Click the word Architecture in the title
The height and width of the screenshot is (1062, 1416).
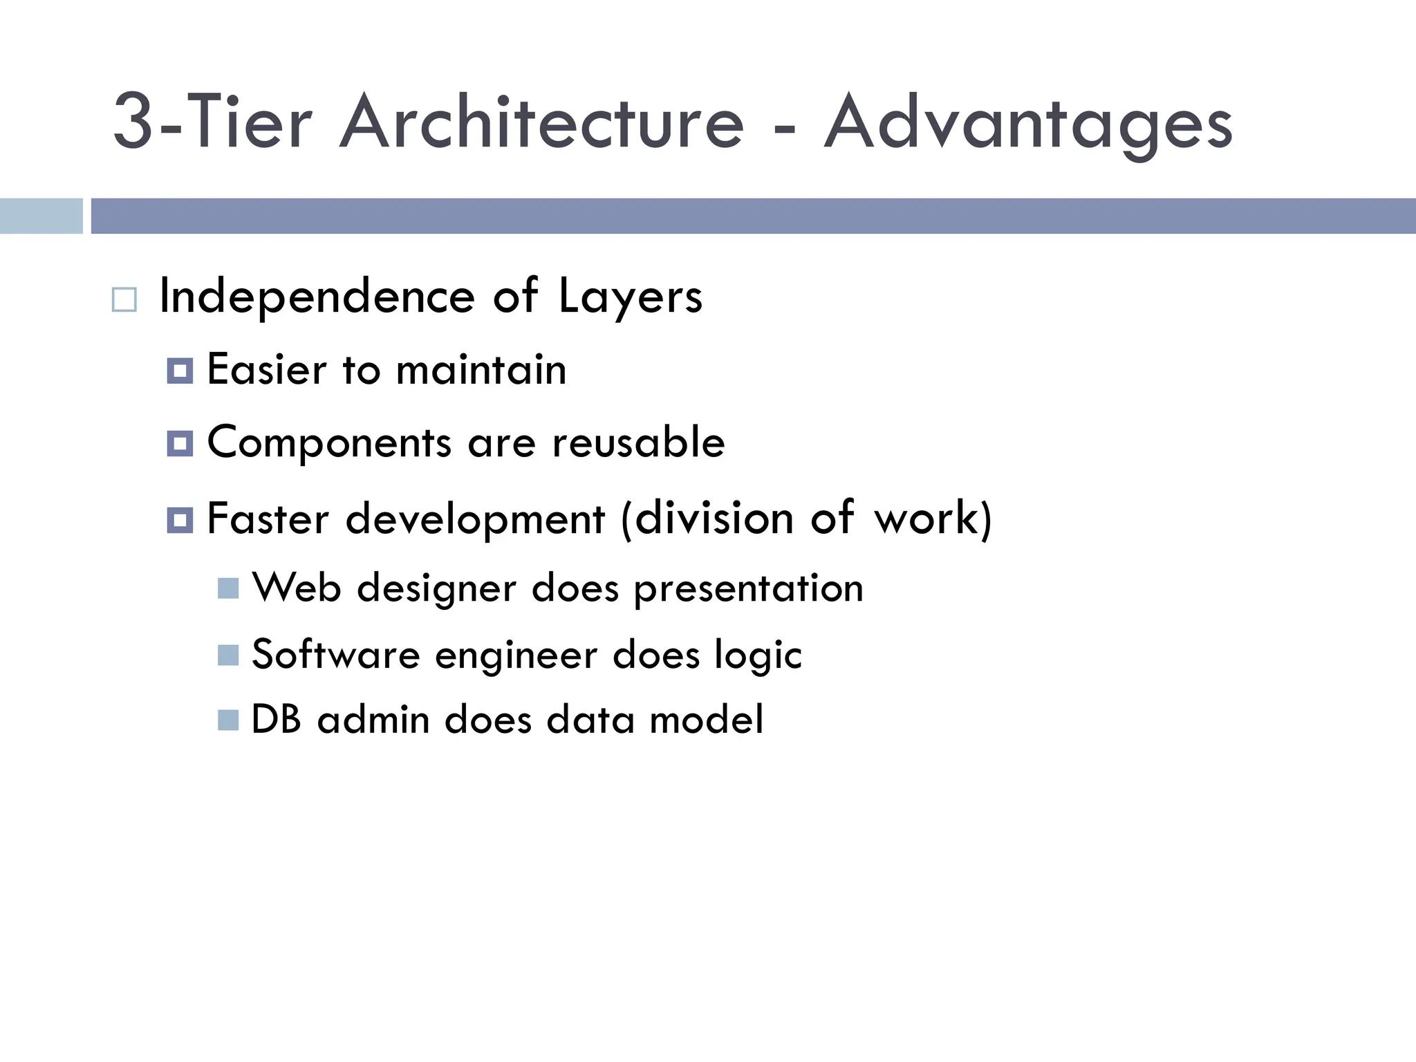coord(542,123)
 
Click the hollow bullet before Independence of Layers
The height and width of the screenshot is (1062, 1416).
coord(124,300)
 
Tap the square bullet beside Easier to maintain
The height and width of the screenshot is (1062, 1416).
coord(180,371)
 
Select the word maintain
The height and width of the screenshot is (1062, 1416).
coord(481,370)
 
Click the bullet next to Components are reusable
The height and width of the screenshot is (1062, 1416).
coord(180,444)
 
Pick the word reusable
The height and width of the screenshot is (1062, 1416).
coord(638,442)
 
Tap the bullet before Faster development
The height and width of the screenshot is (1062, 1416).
coord(180,520)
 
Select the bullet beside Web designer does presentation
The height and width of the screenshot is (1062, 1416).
coord(228,588)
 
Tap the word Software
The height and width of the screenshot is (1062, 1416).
coord(336,654)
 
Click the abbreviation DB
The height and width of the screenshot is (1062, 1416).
coord(277,720)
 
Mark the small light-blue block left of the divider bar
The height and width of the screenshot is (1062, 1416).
coord(41,216)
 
